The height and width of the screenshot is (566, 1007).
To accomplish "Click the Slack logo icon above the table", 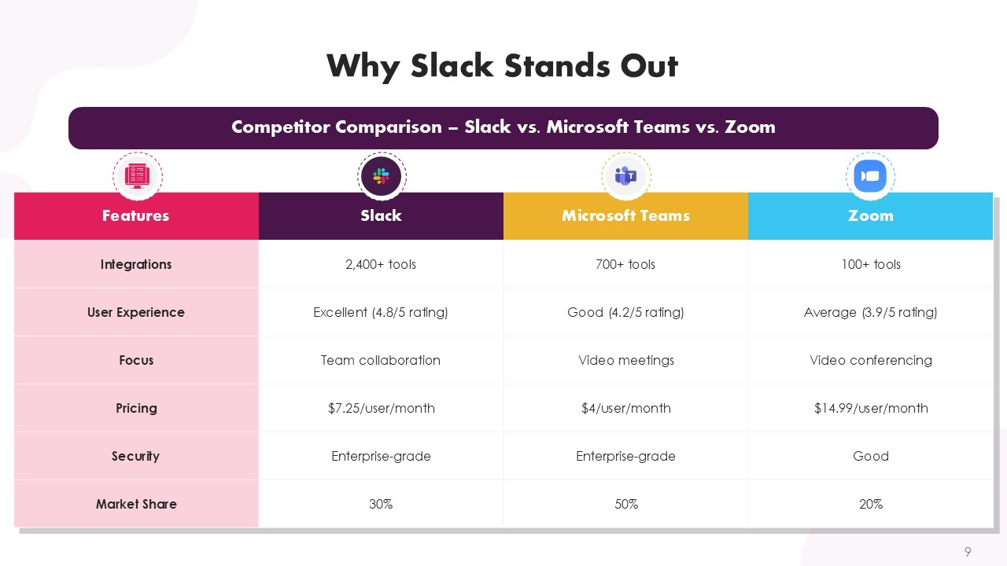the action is pos(382,176).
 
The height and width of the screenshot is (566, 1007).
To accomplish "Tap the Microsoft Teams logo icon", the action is pos(625,176).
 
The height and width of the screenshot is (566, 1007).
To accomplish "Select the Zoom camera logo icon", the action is pos(870,175).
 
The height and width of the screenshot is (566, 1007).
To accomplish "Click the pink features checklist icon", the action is pos(137,176).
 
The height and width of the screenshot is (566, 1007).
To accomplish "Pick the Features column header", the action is pos(136,216).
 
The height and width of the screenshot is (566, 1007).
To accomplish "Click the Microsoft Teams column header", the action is pos(625,216).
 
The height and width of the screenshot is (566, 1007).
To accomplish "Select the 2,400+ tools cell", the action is pos(381,264).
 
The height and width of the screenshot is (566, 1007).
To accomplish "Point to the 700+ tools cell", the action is pos(625,264).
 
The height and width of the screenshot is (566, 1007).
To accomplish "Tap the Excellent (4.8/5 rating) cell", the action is pos(381,312).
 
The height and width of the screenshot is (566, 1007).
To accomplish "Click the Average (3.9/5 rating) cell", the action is pos(870,312).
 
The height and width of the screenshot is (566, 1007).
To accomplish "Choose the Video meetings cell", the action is pos(625,360).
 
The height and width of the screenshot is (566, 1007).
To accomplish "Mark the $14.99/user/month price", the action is pos(871,408).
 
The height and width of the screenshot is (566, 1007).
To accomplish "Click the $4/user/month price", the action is pos(625,408).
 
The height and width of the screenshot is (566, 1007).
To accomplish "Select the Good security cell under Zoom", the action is pos(871,457).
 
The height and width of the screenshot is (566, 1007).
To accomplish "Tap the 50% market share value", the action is pos(626,504).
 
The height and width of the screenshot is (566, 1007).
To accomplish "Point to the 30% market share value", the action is pos(381,504).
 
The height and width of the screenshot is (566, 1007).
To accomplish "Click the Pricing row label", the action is pos(136,408).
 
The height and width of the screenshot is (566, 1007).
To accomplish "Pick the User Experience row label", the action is pos(136,312).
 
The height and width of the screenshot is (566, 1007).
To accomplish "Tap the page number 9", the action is pos(968,551).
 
